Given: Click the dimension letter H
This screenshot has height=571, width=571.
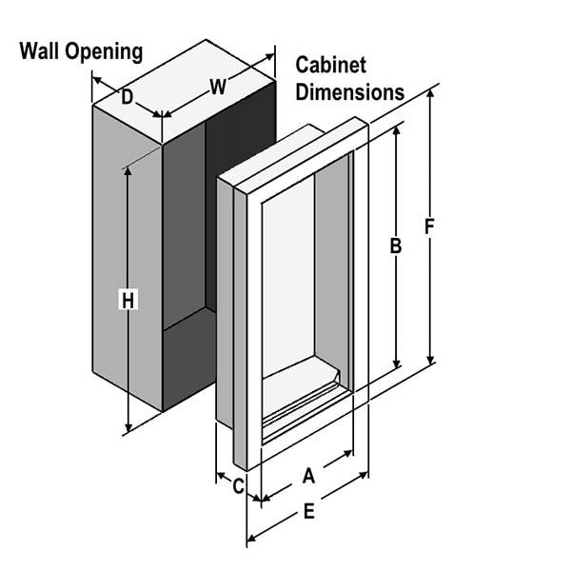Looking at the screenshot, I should tap(129, 299).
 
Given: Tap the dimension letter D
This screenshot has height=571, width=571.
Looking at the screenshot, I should tap(127, 95).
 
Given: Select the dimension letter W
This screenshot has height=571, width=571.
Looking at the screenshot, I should tap(218, 88).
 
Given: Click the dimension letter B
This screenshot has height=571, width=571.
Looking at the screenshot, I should tap(396, 246).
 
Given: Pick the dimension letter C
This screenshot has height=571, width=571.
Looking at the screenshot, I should tap(239, 485).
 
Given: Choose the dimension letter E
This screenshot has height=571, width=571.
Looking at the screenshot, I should tap(308, 512).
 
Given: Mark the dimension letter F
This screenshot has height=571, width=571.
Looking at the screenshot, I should tap(430, 228).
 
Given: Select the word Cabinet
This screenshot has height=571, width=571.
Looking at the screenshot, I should tap(330, 67).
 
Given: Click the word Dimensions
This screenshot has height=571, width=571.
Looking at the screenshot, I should tap(349, 92).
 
